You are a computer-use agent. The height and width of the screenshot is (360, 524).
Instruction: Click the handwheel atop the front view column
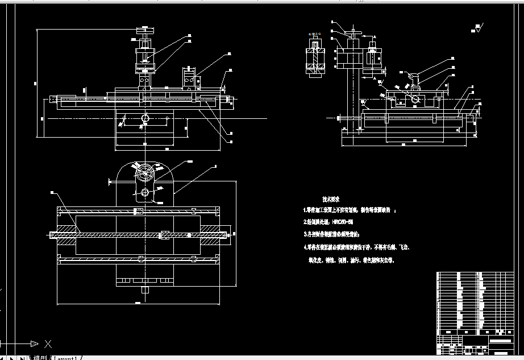[x=145, y=28]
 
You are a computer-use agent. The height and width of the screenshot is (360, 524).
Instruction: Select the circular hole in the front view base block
[x=145, y=118]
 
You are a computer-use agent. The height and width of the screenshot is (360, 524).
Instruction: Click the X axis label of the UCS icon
[x=48, y=344]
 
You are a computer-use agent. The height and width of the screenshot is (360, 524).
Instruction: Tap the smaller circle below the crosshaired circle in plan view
[x=145, y=192]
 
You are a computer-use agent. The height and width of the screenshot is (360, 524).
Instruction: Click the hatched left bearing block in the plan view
[x=65, y=234]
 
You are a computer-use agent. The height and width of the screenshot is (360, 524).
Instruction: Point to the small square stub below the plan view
[x=145, y=291]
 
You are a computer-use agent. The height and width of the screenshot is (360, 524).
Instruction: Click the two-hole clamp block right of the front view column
[x=190, y=79]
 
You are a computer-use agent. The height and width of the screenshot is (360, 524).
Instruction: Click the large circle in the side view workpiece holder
[x=418, y=100]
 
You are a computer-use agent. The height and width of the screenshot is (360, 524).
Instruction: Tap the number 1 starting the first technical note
[x=305, y=210]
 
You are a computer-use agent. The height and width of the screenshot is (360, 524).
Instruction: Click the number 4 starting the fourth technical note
[x=305, y=247]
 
